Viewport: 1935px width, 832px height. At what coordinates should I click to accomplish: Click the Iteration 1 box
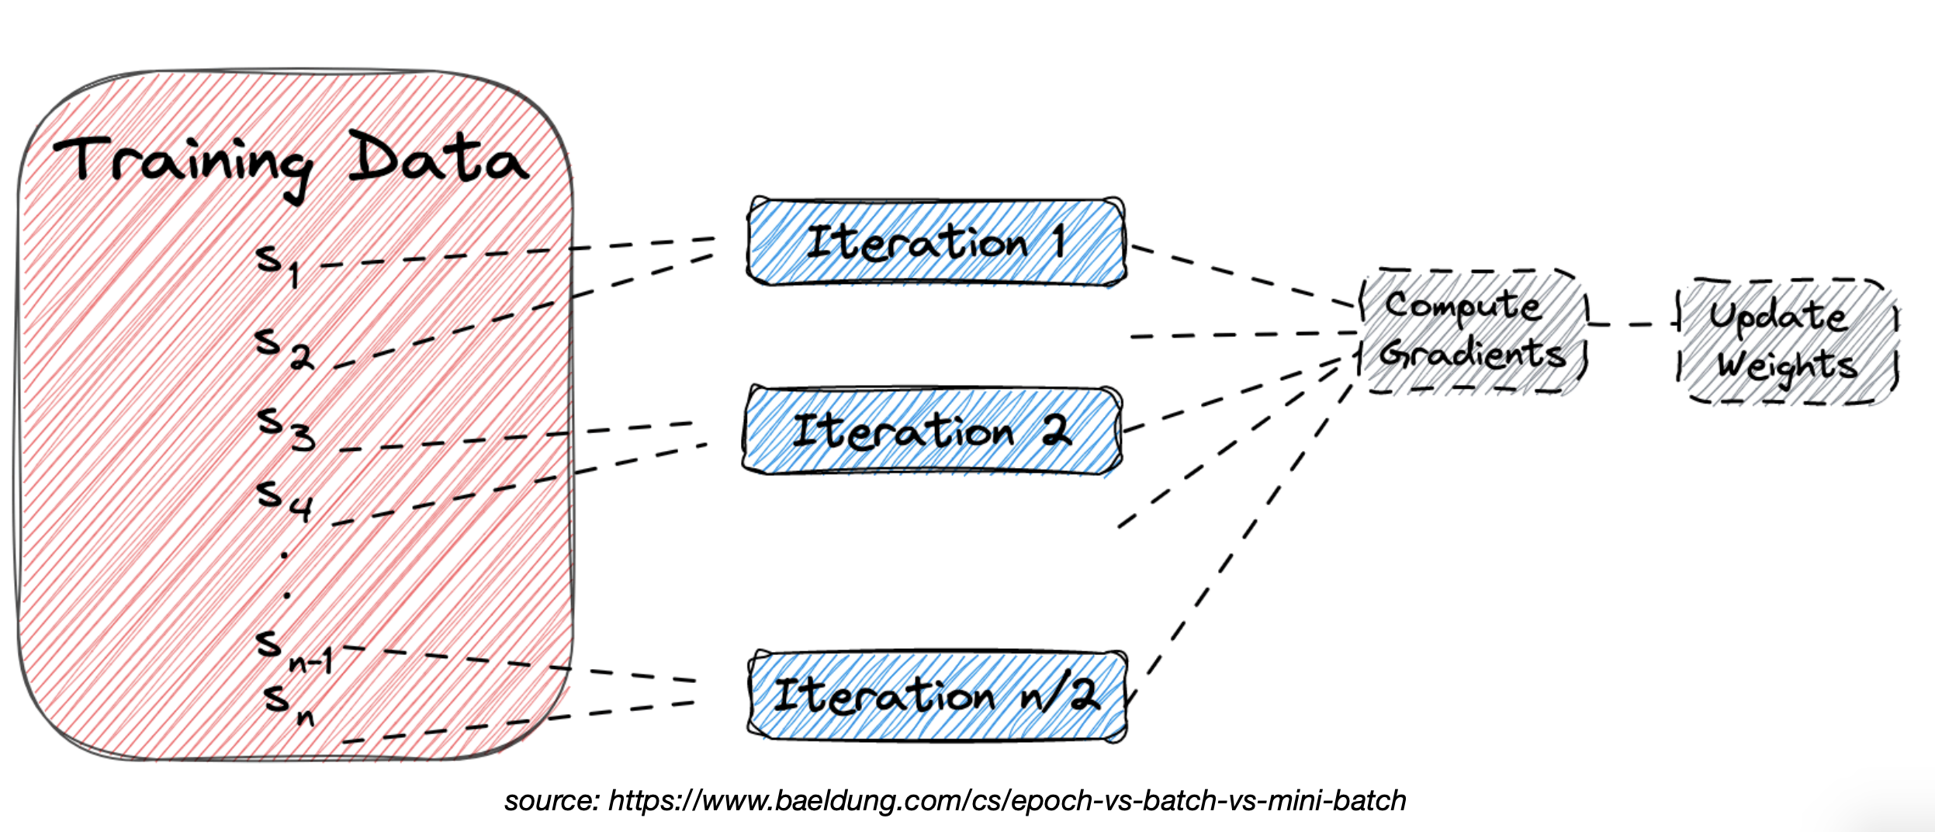tap(935, 242)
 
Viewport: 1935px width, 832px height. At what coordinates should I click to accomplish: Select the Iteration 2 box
tap(931, 431)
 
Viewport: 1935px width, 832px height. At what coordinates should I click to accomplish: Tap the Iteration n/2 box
tap(936, 695)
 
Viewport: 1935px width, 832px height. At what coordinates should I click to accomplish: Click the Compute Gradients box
tap(1473, 331)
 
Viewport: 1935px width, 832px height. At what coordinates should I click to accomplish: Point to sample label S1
tap(278, 264)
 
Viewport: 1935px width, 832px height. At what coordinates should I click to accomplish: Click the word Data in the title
tap(438, 159)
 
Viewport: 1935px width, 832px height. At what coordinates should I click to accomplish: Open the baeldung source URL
tap(1006, 800)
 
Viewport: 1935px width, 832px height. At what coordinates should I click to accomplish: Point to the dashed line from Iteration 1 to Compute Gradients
tap(1241, 276)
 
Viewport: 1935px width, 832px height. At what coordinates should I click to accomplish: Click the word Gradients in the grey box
tap(1472, 355)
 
